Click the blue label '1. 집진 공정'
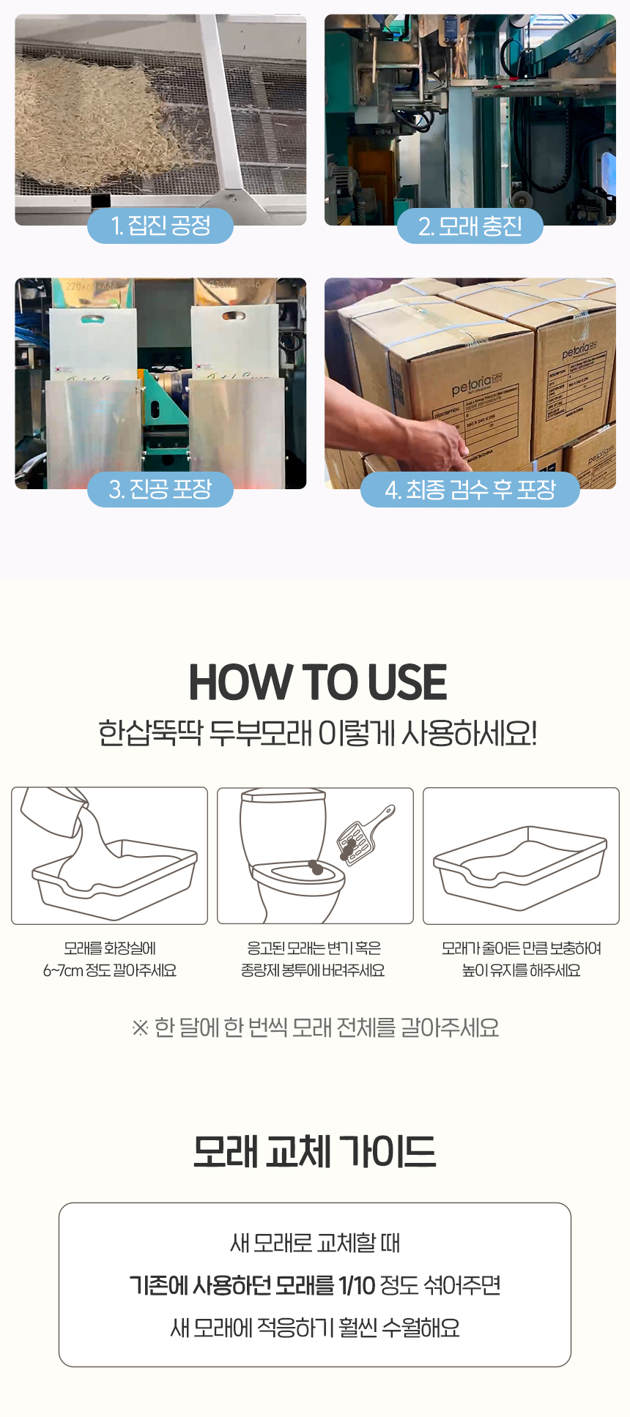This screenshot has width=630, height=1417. coord(160,226)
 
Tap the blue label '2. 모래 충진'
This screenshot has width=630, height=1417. coord(470,226)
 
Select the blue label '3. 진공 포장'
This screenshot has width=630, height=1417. coord(160,489)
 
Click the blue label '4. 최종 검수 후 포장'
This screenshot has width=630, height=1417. coord(470,489)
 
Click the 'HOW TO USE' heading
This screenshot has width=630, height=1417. coord(317,683)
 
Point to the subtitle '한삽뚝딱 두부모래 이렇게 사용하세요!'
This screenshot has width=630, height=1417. coord(317,733)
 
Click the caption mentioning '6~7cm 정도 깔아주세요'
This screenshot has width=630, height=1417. coord(109,970)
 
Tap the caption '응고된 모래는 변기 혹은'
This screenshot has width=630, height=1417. coord(314,948)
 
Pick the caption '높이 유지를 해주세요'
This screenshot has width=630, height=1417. coord(521,970)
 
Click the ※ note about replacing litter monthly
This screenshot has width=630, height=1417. coord(315,1027)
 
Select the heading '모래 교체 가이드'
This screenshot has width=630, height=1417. coord(314,1151)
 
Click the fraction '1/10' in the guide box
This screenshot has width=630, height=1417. coord(357,1285)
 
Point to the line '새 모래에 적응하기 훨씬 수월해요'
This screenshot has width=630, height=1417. coord(314,1328)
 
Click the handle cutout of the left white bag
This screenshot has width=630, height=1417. coord(92,319)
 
